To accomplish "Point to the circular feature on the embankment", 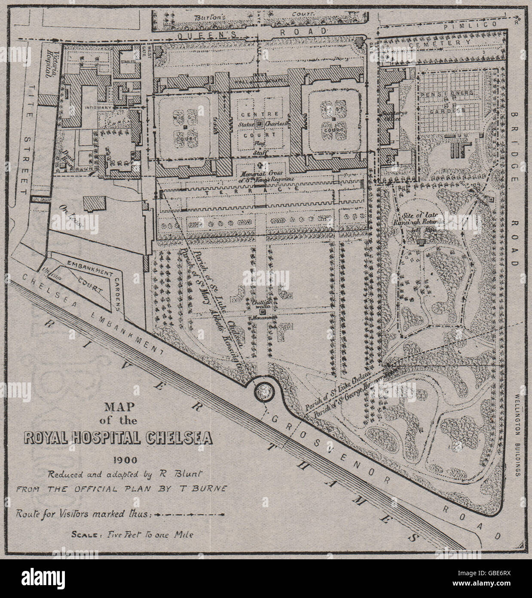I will point(264,391).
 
